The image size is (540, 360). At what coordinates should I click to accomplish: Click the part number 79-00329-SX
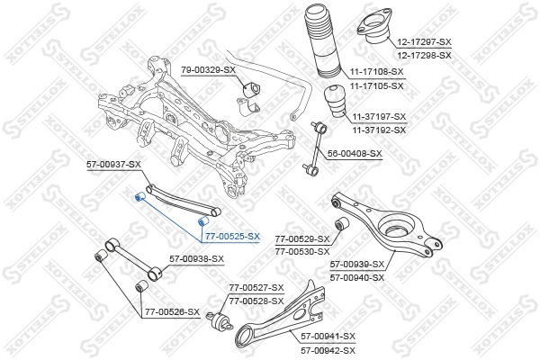click(208, 69)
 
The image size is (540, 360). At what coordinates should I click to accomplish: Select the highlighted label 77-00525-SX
click(231, 236)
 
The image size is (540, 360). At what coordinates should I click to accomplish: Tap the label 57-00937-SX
click(113, 165)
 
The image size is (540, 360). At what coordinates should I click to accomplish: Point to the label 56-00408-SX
click(354, 153)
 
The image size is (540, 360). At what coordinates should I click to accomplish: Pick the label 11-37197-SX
click(379, 117)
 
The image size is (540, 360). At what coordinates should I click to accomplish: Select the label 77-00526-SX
click(171, 311)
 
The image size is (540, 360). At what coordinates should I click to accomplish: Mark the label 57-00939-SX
click(357, 265)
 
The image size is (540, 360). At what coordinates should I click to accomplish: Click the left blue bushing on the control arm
click(139, 197)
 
